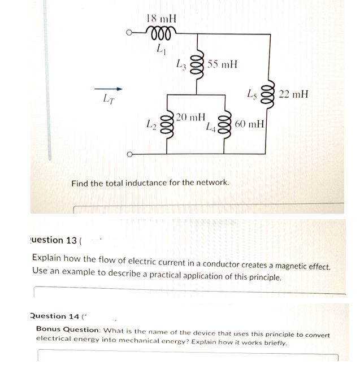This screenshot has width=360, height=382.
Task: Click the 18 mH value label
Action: click(161, 19)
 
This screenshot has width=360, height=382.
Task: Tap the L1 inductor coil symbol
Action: click(161, 33)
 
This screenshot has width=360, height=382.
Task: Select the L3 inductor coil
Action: click(198, 66)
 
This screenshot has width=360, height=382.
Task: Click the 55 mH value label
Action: click(222, 64)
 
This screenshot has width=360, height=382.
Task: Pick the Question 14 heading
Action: click(55, 316)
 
